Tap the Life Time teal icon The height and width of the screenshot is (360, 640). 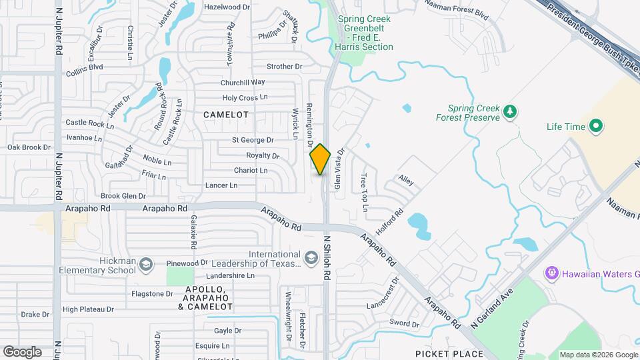[596, 126]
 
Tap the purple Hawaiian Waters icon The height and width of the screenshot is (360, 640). [551, 273]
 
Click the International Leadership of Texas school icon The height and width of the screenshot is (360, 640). [311, 258]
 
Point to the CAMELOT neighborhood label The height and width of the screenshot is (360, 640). [226, 115]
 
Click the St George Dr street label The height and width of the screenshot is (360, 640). [253, 140]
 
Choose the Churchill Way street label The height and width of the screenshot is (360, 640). [243, 82]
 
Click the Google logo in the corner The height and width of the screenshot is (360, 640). [22, 352]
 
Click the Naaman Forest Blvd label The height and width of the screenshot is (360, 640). [471, 13]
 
